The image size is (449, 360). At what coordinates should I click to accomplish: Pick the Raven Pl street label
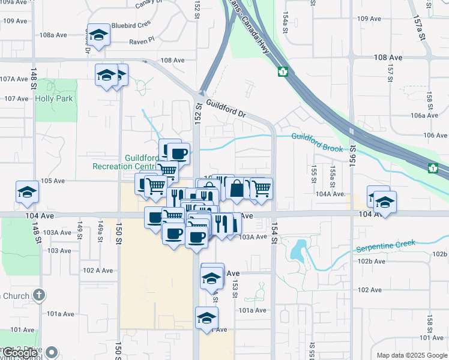(142, 42)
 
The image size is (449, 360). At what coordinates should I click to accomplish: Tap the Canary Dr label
(150, 4)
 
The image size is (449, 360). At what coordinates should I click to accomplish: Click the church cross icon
(39, 295)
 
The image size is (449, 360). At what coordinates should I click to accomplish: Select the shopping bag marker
(237, 188)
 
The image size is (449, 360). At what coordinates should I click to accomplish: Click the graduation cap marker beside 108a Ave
(98, 34)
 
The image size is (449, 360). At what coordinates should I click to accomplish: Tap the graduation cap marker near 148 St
(27, 191)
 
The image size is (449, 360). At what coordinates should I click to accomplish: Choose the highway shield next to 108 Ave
(282, 72)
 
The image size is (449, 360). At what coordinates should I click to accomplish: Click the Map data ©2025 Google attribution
(411, 355)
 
